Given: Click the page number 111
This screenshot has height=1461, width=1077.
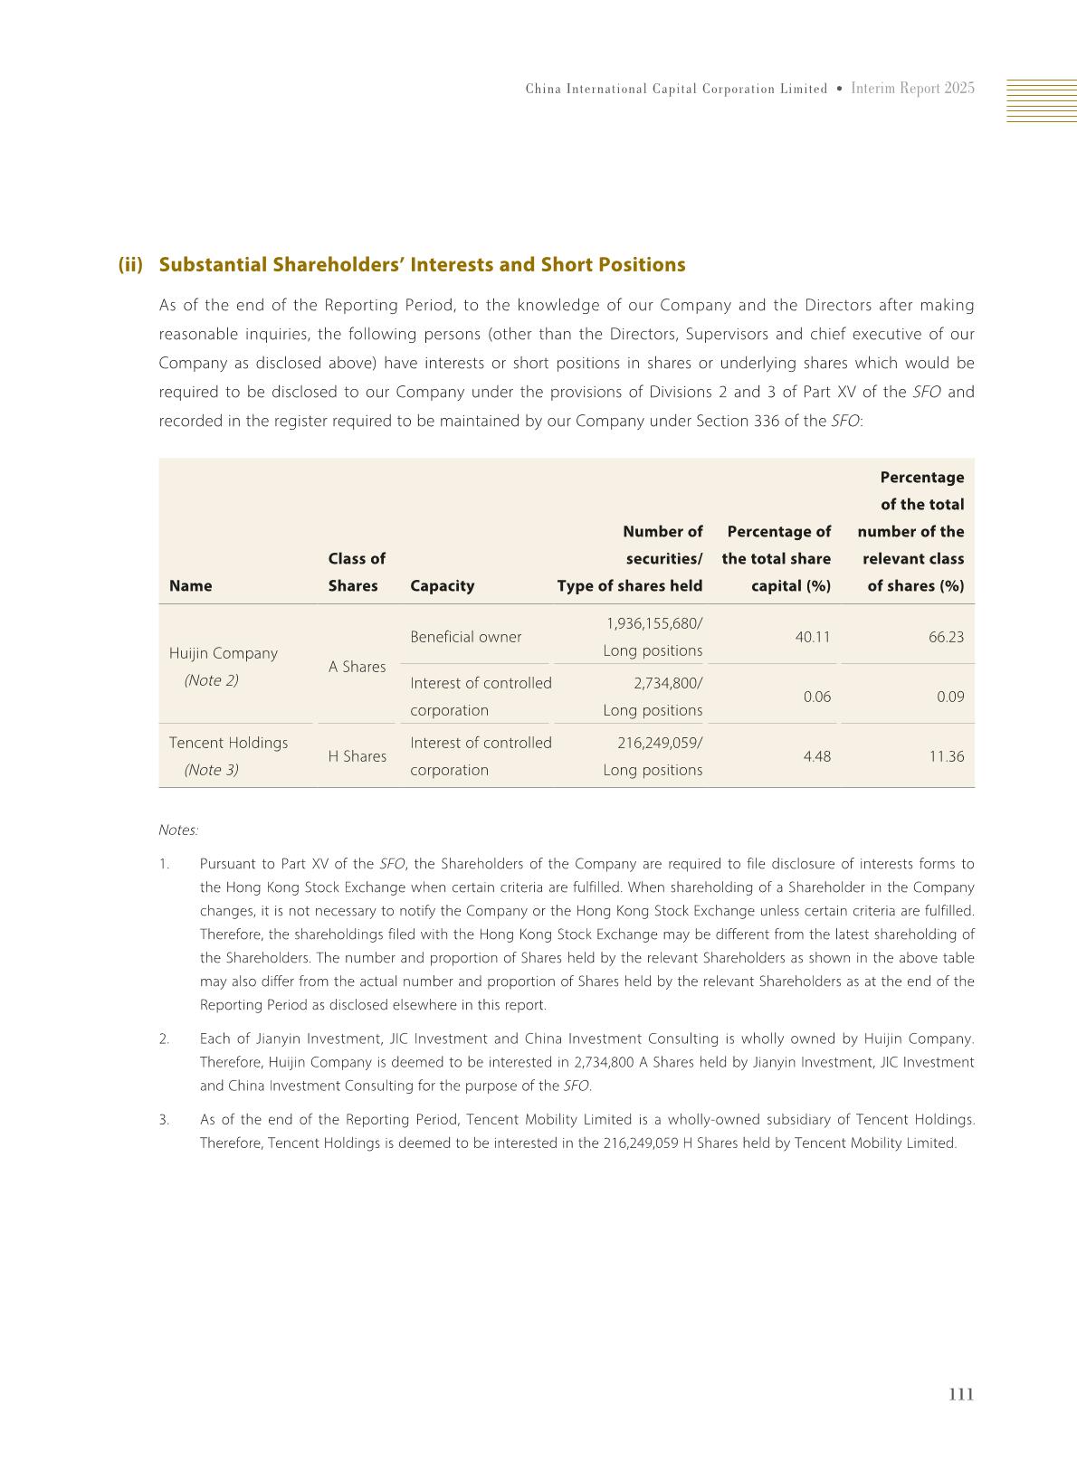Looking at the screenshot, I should coord(960,1394).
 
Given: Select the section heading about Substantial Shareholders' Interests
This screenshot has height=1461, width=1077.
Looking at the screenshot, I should coord(422,265).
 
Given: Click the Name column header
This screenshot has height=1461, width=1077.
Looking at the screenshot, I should coord(190,585).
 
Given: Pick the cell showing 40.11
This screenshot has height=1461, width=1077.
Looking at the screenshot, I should coord(812,637).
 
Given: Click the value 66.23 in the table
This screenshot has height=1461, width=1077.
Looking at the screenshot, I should coord(946,637).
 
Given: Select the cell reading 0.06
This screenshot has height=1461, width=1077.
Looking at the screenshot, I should coord(816,697).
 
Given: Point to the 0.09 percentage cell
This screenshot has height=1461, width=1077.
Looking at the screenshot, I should coord(950,697).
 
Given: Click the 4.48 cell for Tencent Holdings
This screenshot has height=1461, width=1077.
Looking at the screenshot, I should coord(816,756).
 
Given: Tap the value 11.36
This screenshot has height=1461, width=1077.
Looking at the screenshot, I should coord(946,756).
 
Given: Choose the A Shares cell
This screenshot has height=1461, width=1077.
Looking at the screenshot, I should coord(357,667).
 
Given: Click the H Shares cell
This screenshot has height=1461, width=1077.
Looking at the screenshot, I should coord(357,756).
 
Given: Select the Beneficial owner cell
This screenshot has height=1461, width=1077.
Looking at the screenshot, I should coord(465,637).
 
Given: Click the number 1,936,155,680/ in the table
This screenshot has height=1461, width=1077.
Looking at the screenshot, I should coord(653,623).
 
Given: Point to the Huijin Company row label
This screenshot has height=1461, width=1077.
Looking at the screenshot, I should coord(223,653).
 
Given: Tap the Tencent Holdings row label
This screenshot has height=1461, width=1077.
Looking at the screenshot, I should coord(228,743).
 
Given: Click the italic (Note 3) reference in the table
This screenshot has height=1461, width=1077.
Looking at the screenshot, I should coord(211,770).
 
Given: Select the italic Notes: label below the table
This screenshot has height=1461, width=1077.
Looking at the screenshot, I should coord(178,830).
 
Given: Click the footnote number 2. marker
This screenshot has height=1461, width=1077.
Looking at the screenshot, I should coord(164,1039).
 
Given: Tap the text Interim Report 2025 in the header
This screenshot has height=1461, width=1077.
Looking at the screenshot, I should coord(912,89).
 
